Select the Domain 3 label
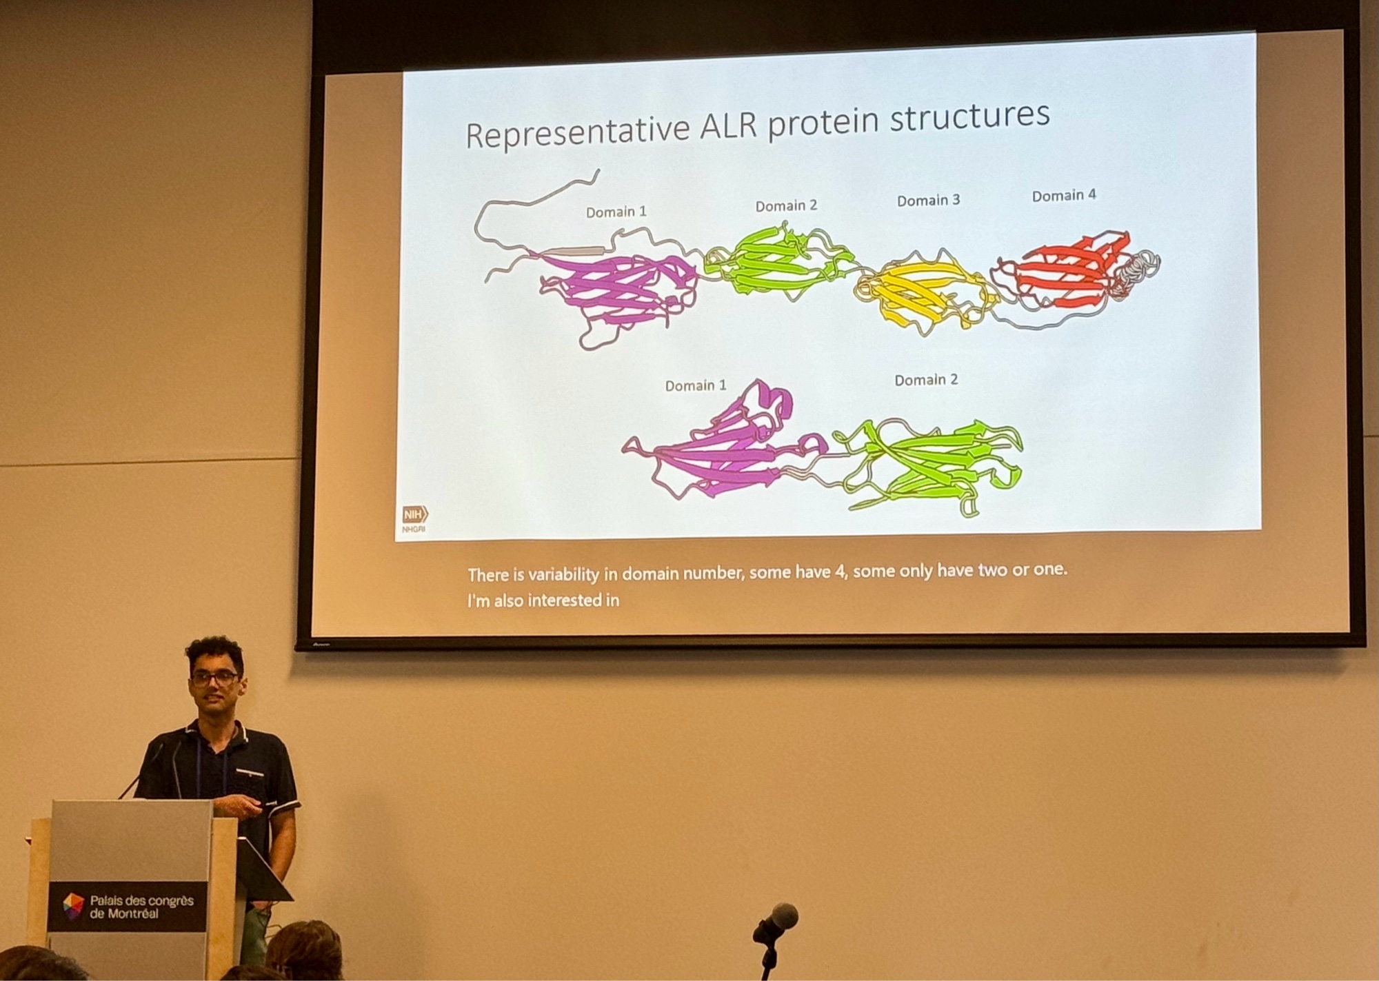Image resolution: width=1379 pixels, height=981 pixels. [928, 201]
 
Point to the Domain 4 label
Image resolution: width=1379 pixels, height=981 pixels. [1064, 196]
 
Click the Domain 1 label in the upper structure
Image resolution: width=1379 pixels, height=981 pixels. [616, 212]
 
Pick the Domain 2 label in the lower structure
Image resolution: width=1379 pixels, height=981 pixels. [926, 380]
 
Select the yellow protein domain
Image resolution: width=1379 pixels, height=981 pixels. [924, 293]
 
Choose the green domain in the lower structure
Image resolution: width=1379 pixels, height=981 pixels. [931, 465]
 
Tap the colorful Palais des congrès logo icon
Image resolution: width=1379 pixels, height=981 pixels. [73, 907]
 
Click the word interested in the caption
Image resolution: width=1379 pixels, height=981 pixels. [559, 600]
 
